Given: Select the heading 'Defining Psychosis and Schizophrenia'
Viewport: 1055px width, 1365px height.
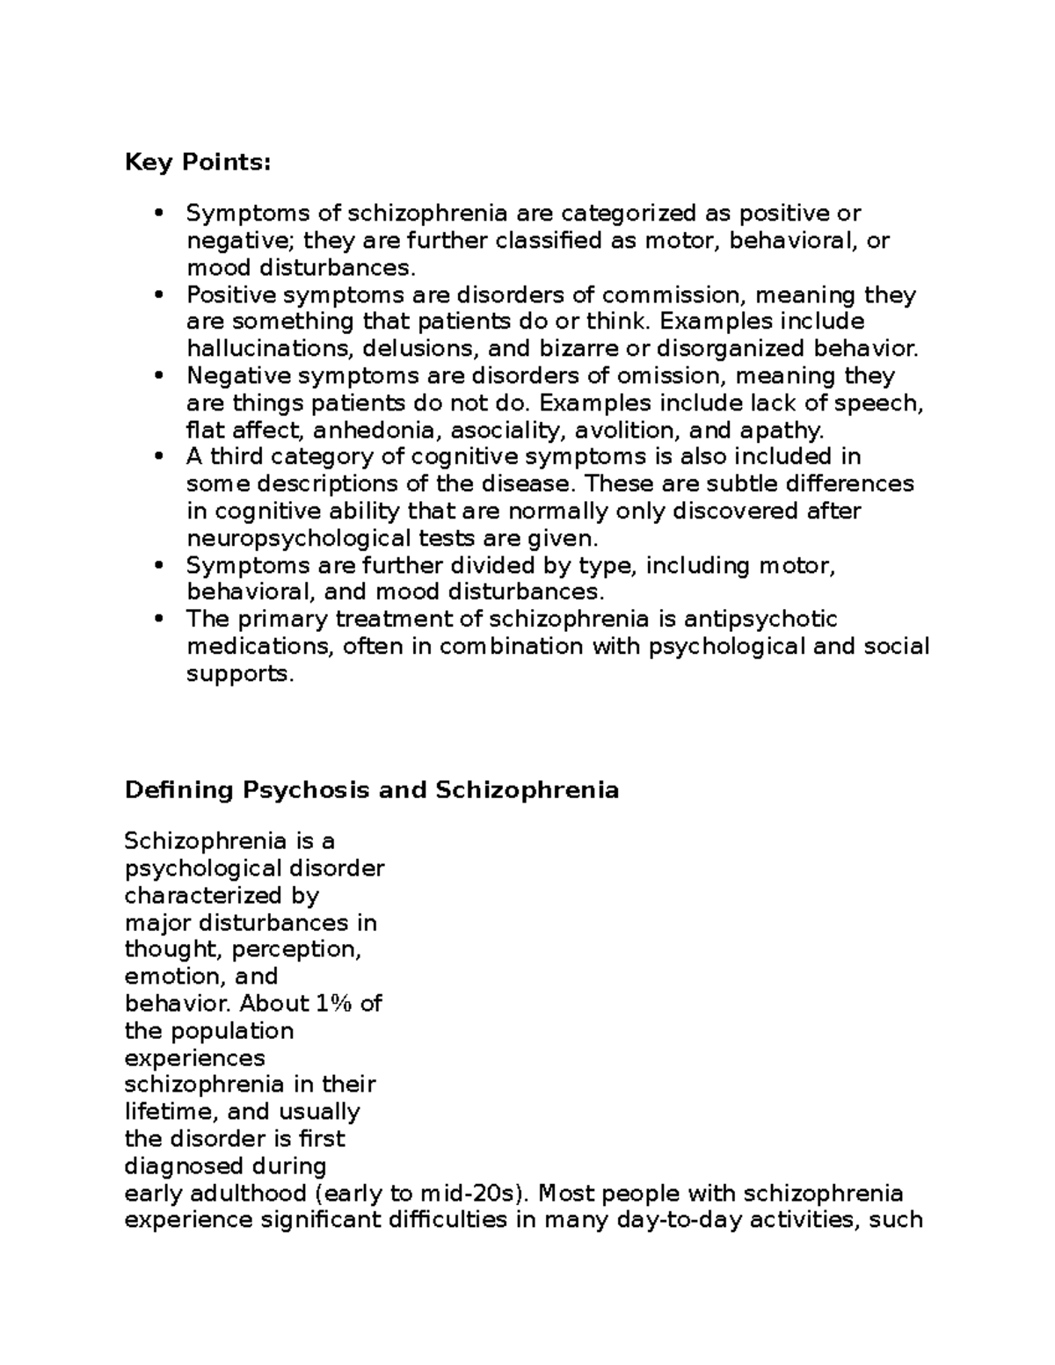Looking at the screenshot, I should pos(372,790).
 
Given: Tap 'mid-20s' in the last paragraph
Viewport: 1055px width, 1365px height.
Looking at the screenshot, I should pos(472,1194).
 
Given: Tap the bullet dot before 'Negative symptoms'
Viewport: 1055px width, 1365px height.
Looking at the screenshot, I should pos(159,376).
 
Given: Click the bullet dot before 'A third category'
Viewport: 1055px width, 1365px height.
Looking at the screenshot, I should pos(159,457).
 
